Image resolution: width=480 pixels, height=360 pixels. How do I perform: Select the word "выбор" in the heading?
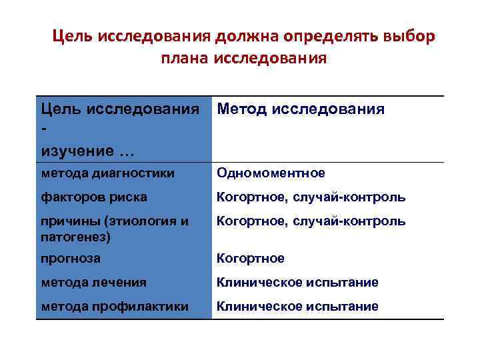(409, 35)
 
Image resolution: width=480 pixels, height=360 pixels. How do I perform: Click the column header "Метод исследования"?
(301, 109)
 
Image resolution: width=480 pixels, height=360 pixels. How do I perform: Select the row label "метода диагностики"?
(107, 173)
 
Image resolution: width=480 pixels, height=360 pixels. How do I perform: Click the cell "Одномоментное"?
(271, 173)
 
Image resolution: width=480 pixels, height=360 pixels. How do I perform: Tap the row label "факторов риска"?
(94, 197)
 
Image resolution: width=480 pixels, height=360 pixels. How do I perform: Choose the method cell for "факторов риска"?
(311, 197)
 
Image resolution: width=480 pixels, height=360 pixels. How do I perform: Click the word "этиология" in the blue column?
(147, 221)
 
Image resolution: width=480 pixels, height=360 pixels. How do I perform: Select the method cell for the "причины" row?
(311, 221)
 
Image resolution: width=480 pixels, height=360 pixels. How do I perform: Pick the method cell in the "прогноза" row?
(251, 258)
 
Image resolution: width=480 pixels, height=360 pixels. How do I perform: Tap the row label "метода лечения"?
(93, 282)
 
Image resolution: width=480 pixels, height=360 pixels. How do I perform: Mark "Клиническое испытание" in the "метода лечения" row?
(297, 282)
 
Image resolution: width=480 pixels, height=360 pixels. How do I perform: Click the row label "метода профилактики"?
(114, 306)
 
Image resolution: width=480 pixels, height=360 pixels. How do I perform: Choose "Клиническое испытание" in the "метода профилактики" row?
(297, 306)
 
